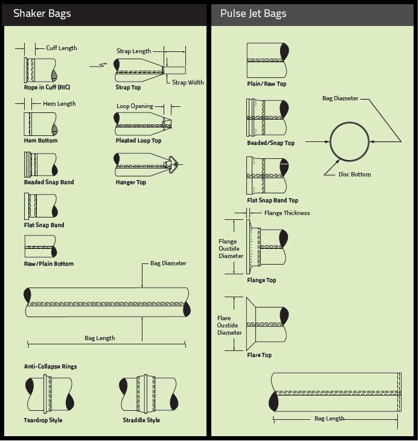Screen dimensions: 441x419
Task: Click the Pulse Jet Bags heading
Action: [x=253, y=13]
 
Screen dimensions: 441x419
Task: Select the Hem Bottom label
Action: [x=40, y=141]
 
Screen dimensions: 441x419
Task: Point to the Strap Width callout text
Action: [x=188, y=83]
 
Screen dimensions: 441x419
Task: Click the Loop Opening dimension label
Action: [x=135, y=106]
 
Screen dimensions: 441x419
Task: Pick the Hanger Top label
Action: [x=130, y=182]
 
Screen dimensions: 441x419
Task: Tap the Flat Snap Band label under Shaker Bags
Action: [x=43, y=225]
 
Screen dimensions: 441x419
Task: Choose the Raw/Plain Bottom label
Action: [x=48, y=264]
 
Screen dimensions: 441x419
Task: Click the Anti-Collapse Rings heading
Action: [x=50, y=367]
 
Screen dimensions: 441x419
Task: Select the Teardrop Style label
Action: [x=43, y=420]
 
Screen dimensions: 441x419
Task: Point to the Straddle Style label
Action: [x=141, y=420]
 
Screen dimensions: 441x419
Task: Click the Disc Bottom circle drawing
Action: [x=350, y=141]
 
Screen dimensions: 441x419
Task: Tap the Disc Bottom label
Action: [x=355, y=175]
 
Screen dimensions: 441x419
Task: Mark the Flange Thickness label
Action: [x=287, y=213]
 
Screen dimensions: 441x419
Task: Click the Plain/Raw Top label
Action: [x=266, y=84]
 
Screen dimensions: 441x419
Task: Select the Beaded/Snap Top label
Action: [x=270, y=143]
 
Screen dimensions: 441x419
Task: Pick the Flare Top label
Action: [x=259, y=355]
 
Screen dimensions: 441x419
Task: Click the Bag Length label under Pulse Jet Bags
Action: [x=329, y=419]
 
